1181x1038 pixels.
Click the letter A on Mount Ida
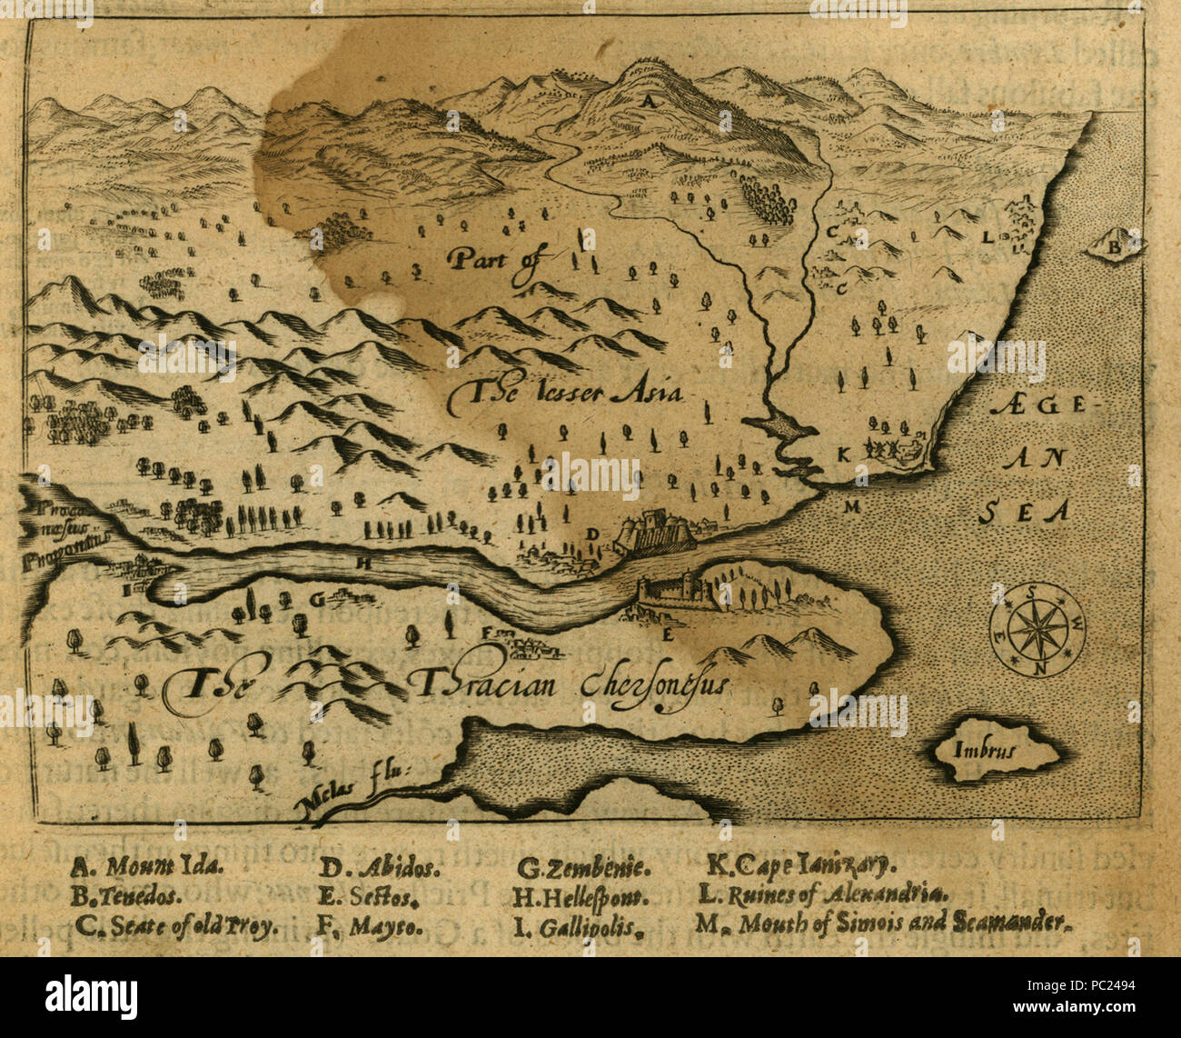pyautogui.click(x=648, y=104)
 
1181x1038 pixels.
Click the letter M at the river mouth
pyautogui.click(x=851, y=506)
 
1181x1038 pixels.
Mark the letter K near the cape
pyautogui.click(x=843, y=454)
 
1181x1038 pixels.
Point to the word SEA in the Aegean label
pyautogui.click(x=1022, y=512)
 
